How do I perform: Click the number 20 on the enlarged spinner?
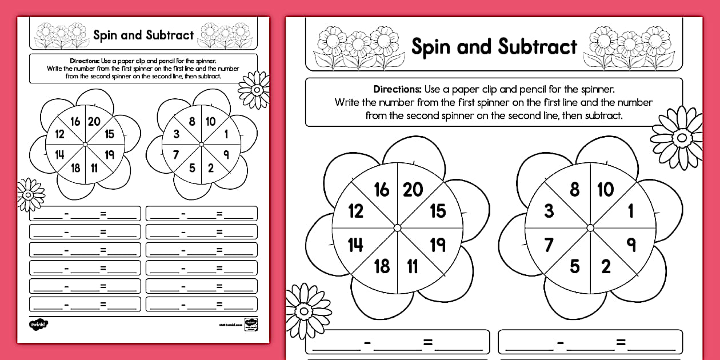[x=413, y=190]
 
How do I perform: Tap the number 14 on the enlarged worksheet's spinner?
[x=355, y=245]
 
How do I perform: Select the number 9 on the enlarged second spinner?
[x=631, y=245]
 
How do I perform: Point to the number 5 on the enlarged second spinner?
[x=574, y=266]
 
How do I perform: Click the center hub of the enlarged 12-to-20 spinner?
[x=397, y=228]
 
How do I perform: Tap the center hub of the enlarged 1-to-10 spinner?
[x=590, y=228]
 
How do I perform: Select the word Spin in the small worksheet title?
[x=105, y=35]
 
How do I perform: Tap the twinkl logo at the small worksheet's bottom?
[x=38, y=324]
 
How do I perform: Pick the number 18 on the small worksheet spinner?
[x=75, y=168]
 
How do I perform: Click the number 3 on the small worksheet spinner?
[x=177, y=134]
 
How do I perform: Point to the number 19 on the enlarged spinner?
[x=438, y=245]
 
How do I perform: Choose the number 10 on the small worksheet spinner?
[x=210, y=121]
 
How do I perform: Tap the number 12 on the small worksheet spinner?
[x=59, y=134]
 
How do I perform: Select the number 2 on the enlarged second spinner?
[x=606, y=266]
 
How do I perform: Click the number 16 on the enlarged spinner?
[x=382, y=190]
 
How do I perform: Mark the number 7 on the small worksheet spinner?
[x=176, y=154]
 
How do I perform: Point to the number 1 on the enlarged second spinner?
[x=631, y=211]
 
